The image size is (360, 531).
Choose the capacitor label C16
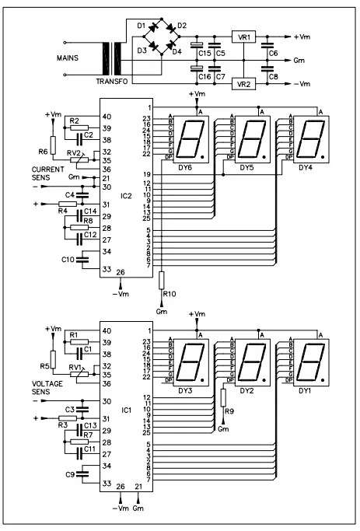point(204,76)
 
